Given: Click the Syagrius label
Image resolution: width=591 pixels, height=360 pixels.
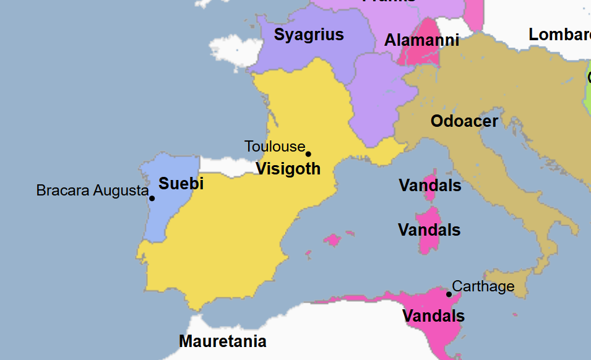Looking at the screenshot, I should click(x=309, y=35).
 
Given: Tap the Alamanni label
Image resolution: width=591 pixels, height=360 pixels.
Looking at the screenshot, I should click(x=421, y=41).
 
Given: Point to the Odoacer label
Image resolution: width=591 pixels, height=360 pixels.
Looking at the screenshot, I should click(x=464, y=121).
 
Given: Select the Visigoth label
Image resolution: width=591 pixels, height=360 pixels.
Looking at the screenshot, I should click(x=288, y=169).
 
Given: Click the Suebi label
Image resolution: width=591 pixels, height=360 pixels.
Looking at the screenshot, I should click(x=181, y=184).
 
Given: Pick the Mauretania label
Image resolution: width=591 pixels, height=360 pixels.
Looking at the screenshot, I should click(x=222, y=341).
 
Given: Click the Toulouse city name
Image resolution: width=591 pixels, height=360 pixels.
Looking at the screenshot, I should click(x=275, y=147).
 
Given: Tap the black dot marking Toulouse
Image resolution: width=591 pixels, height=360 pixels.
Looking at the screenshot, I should click(x=308, y=154).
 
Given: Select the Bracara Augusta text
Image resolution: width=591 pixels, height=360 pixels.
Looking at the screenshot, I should click(x=92, y=191).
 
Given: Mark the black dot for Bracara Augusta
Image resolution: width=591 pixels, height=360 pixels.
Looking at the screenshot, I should click(x=152, y=198).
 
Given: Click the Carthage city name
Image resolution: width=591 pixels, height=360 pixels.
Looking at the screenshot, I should click(x=483, y=286).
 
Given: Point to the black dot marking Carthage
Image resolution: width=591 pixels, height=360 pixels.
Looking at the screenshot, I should click(x=449, y=294).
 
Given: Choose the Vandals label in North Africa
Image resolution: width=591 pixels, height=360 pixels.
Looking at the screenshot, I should click(x=433, y=316).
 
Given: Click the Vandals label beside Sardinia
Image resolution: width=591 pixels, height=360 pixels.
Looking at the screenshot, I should click(x=429, y=231).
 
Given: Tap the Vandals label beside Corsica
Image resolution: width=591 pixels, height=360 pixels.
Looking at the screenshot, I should click(x=429, y=186).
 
